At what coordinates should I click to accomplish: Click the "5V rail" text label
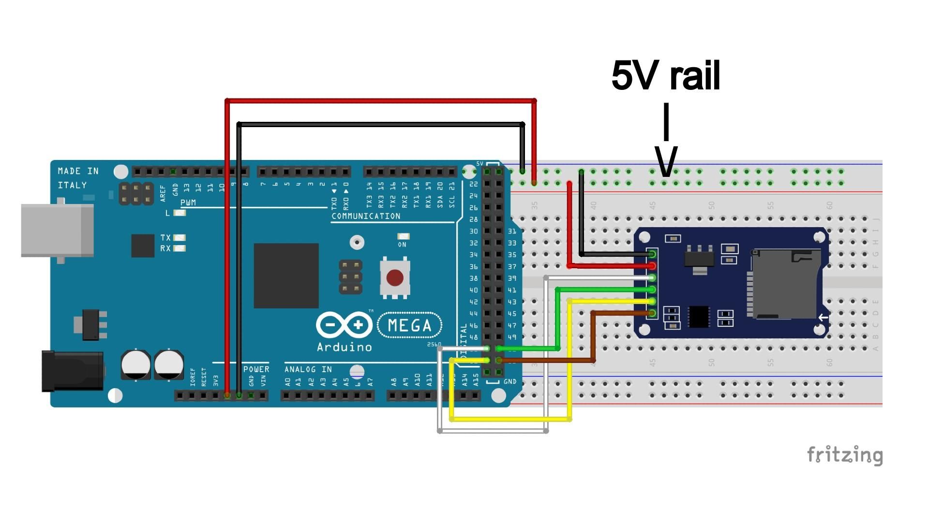pos(666,76)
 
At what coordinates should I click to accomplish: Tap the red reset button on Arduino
pos(395,278)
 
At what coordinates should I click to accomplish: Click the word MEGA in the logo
pos(409,325)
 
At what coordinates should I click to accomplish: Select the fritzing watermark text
pos(844,455)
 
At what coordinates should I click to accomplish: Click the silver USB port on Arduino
pos(57,231)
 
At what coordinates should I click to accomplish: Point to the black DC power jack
pos(73,371)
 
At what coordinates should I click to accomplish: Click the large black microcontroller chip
pos(286,275)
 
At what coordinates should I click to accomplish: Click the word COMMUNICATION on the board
pos(366,216)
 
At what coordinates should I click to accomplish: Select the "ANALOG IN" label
pos(308,369)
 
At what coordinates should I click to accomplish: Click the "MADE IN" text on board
pos(78,171)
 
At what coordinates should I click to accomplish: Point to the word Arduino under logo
pos(344,347)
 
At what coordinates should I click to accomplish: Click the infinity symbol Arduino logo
pos(344,325)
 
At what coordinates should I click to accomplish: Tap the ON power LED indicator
pos(403,236)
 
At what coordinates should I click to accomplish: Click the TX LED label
pos(165,238)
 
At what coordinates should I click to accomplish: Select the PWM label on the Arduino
pos(188,203)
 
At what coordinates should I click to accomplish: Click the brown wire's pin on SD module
pos(652,313)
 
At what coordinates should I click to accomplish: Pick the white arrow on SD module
pos(823,318)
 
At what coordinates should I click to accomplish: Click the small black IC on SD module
pos(698,317)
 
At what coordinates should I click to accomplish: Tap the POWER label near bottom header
pos(256,369)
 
